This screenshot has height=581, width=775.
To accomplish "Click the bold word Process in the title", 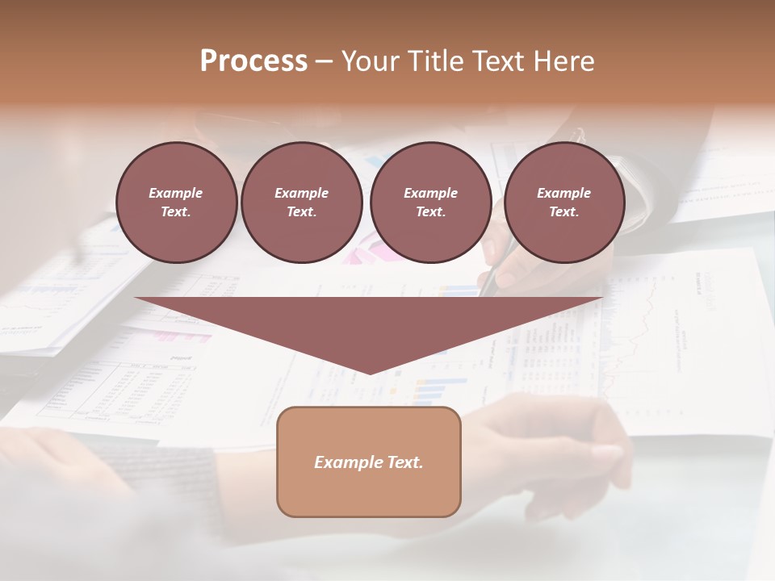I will point(253,61).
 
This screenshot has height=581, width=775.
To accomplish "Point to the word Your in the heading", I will point(368,61).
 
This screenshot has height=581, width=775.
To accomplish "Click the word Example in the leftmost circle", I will point(176,193).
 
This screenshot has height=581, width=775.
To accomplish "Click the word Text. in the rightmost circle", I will point(563,212).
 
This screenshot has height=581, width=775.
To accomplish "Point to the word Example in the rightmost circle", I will point(563,193).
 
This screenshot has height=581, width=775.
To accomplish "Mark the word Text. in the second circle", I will point(301,212).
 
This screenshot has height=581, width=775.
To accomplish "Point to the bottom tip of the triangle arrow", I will point(369,372).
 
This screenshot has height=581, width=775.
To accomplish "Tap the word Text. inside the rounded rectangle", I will point(405,462).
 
